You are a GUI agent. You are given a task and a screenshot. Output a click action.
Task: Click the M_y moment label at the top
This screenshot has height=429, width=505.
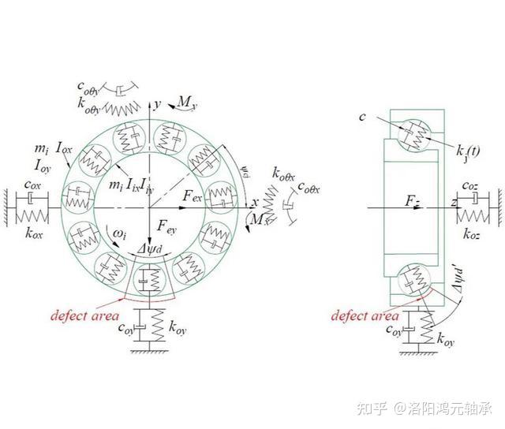pos(185,103)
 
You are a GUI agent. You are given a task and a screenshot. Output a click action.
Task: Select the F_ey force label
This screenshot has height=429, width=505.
pos(167,227)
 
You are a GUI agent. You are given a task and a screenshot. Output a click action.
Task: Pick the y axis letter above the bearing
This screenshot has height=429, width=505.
pos(158,103)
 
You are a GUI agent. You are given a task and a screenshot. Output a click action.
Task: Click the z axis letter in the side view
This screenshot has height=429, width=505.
pos(455,203)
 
